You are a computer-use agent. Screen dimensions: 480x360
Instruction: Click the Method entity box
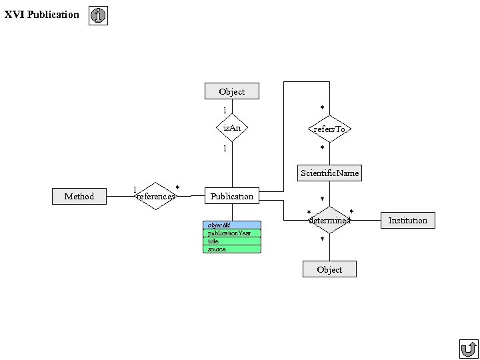click(79, 196)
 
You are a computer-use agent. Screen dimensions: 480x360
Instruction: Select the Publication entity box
click(232, 196)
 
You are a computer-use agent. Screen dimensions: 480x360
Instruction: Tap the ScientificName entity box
click(329, 173)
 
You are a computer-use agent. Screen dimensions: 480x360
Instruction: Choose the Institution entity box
click(408, 221)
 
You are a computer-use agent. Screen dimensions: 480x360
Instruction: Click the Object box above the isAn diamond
click(232, 91)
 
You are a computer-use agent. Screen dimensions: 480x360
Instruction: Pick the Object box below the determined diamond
click(329, 269)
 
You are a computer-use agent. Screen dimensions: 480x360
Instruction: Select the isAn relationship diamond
click(232, 127)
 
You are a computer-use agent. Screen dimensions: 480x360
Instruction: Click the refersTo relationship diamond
click(329, 129)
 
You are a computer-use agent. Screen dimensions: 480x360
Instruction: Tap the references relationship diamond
click(156, 196)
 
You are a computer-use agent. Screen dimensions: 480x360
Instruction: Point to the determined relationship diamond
click(329, 220)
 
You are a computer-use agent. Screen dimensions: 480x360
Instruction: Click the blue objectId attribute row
click(232, 225)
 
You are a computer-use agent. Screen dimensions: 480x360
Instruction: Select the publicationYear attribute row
click(232, 233)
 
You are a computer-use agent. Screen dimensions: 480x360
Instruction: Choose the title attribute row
click(232, 241)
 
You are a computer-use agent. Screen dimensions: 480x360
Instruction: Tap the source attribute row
click(232, 249)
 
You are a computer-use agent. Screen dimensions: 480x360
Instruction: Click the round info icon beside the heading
click(98, 15)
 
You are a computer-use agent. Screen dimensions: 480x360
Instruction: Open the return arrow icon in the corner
click(469, 349)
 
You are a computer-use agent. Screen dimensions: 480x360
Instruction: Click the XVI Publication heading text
click(41, 15)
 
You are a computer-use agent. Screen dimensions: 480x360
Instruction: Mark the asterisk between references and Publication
click(177, 187)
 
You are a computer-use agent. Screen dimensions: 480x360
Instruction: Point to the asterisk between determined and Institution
click(352, 211)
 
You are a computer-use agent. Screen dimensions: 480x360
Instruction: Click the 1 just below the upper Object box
click(225, 110)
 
